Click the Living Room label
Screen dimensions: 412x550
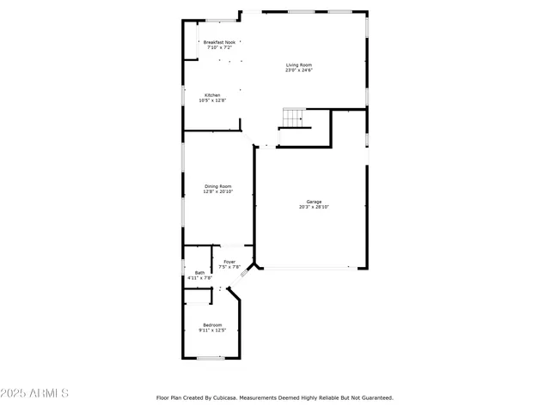[299, 65]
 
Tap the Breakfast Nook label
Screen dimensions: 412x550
[219, 41]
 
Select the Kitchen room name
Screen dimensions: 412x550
[212, 95]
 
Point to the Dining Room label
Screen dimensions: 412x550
[217, 186]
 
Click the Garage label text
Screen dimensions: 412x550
[315, 202]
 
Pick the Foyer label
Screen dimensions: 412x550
[229, 262]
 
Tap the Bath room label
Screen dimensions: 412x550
[199, 273]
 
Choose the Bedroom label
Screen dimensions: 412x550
[211, 324]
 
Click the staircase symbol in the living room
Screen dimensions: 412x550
[295, 118]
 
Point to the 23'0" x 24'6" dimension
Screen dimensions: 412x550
[299, 70]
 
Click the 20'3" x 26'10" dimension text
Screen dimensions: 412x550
[315, 207]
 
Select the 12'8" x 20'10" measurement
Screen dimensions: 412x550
[217, 191]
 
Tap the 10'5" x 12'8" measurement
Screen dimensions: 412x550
[212, 100]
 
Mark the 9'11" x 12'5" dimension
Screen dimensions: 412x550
[211, 330]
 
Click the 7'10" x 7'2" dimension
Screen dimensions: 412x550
[219, 46]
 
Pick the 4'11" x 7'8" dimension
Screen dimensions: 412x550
[199, 278]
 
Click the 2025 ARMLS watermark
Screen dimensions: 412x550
[35, 393]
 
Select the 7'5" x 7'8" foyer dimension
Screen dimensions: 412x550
[229, 267]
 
